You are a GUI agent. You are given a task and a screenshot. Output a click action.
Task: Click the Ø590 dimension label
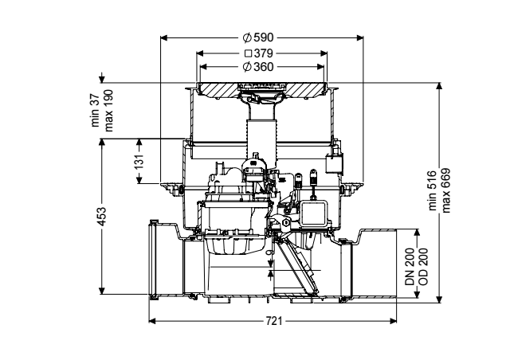[258, 37]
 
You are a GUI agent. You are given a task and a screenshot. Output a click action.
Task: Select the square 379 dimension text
[258, 53]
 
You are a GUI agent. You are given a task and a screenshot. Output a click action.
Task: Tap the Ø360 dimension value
[258, 67]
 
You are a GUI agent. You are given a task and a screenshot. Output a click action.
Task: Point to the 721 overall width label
[274, 321]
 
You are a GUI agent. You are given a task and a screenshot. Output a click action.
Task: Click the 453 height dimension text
[102, 217]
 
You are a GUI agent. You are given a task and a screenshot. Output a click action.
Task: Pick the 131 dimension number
[139, 162]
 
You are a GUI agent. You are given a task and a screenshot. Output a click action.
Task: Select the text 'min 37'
[95, 110]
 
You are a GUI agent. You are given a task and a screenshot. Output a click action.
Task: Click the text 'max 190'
[108, 110]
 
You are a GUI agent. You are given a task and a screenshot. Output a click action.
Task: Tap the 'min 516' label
[432, 190]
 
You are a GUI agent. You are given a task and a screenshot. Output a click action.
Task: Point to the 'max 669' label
[446, 190]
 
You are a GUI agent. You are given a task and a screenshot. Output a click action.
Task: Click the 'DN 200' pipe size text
[410, 267]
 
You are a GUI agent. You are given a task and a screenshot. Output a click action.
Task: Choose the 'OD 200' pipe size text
[423, 267]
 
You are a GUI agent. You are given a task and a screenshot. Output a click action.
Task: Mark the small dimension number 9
[269, 252]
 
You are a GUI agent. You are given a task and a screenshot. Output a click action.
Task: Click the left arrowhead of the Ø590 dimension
[164, 38]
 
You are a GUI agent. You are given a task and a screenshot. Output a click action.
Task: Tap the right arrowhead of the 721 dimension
[393, 321]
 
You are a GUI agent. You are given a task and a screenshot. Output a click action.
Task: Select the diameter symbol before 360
[247, 67]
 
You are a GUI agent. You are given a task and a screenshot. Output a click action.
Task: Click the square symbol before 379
[249, 53]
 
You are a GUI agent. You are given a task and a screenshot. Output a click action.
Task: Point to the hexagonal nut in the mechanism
[286, 223]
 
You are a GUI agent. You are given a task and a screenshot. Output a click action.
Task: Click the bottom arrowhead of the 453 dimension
[102, 291]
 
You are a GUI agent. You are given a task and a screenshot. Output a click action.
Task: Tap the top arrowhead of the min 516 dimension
[439, 87]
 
